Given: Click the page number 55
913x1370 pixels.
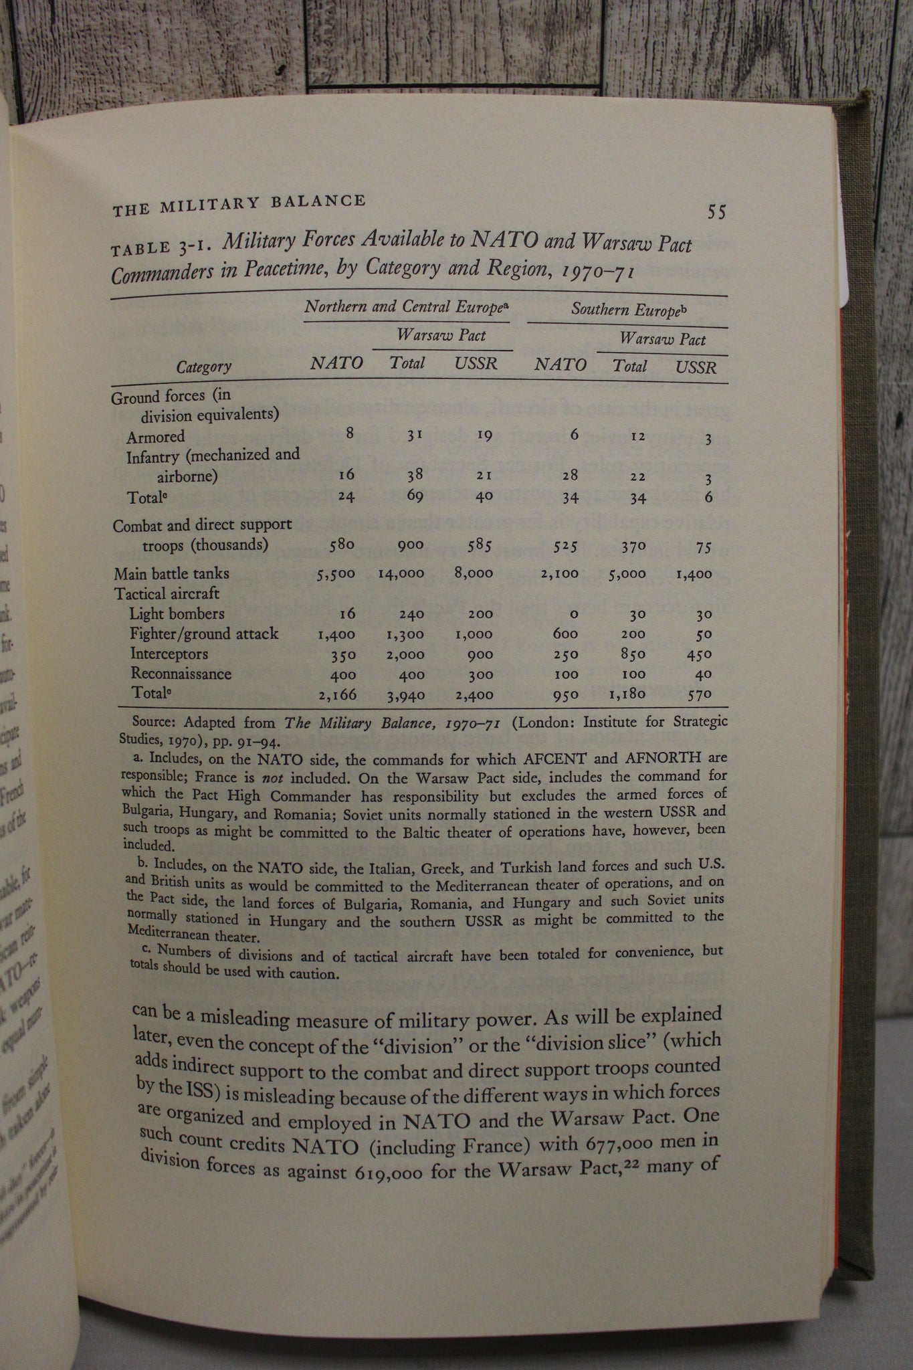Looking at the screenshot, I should [716, 212].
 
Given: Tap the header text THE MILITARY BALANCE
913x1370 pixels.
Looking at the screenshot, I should [239, 204].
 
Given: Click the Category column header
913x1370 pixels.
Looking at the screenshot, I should [204, 367].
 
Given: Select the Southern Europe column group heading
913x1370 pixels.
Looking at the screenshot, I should [629, 309].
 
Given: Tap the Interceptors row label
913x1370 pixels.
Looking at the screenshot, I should [169, 654].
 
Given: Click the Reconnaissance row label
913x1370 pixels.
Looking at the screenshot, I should [181, 674].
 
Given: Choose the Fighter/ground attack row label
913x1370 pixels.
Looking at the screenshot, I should [203, 633].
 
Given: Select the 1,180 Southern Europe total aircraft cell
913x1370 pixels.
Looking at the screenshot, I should [627, 694].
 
